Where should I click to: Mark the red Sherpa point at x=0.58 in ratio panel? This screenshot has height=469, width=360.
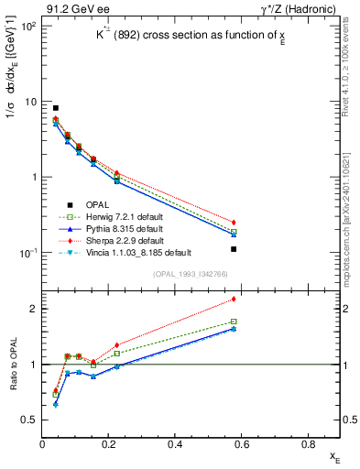click(x=234, y=299)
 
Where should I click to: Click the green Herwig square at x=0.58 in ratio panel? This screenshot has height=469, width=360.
click(x=234, y=322)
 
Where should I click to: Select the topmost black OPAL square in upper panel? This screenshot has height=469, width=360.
click(x=55, y=108)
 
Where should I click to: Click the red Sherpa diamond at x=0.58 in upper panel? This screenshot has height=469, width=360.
click(x=234, y=223)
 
